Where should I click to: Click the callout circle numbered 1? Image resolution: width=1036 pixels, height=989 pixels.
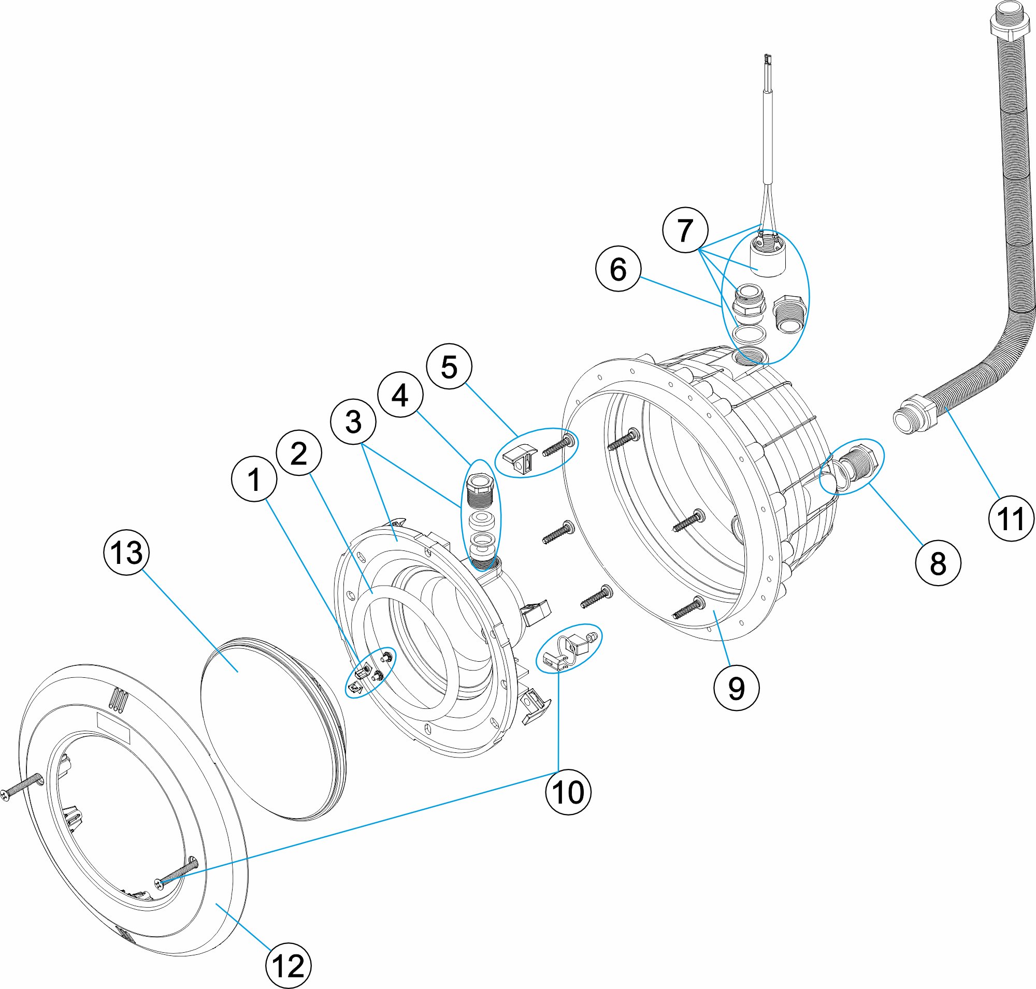click(254, 478)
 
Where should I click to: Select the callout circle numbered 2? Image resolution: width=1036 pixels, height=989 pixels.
click(298, 453)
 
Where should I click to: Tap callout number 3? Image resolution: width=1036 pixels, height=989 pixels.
click(353, 421)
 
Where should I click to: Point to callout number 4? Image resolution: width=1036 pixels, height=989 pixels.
click(400, 395)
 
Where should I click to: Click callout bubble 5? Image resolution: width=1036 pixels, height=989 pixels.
click(449, 367)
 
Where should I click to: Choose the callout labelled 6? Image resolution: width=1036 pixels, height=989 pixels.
click(617, 268)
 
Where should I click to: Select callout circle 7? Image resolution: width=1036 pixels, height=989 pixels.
click(685, 230)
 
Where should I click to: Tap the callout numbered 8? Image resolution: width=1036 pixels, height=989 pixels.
click(938, 563)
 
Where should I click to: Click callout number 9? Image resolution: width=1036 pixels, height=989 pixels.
click(736, 688)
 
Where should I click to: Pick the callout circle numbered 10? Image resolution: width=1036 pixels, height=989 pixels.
click(568, 792)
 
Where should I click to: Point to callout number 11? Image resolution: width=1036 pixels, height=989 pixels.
click(1011, 518)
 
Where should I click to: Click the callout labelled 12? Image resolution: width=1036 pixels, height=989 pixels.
click(288, 966)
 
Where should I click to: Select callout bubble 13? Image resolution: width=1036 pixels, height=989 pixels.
click(126, 552)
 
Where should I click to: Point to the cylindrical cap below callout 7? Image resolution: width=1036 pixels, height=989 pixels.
click(768, 257)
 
